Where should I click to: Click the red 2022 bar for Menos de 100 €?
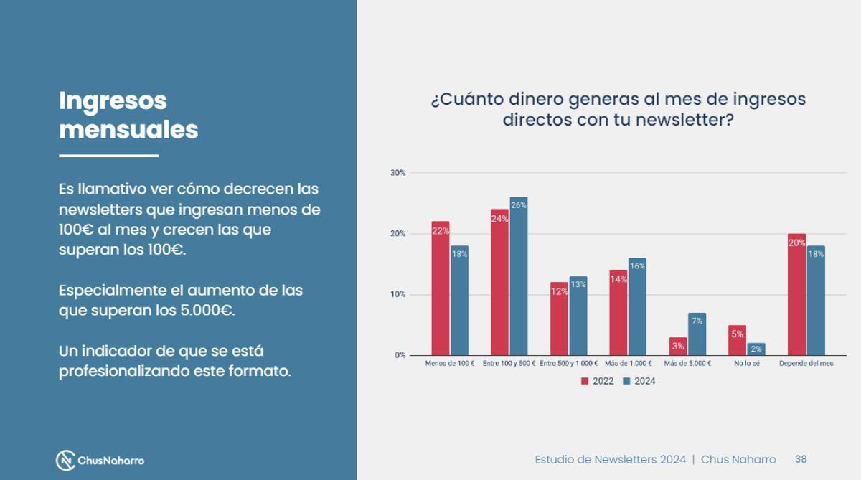440,288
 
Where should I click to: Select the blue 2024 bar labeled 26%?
519,276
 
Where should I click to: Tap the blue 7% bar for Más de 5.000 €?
697,334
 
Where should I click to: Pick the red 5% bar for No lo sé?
737,340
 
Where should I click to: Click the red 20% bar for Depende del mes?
796,294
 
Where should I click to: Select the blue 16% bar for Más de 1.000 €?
637,306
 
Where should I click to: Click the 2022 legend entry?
597,381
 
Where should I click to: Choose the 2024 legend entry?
639,381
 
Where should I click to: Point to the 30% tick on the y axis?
397,173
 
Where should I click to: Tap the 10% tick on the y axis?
397,295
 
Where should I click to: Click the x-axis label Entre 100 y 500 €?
509,364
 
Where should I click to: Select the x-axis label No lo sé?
746,364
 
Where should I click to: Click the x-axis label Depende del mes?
806,364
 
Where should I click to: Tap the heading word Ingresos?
113,100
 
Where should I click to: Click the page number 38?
801,459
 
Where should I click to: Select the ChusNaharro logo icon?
66,460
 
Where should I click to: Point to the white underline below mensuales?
108,156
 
